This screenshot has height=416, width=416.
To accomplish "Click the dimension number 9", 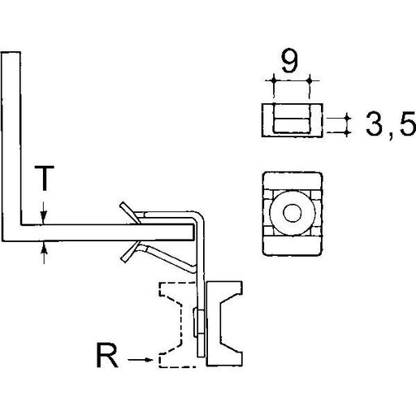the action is click(x=289, y=61).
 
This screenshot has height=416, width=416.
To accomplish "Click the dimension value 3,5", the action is click(x=391, y=124).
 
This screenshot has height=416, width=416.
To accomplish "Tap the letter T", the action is click(x=45, y=178).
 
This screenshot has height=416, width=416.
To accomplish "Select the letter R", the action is click(x=107, y=355).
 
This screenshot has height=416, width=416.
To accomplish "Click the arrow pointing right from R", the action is click(x=140, y=360).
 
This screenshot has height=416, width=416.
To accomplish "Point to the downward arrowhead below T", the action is click(x=44, y=218).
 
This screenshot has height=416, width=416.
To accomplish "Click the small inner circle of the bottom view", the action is click(x=292, y=213).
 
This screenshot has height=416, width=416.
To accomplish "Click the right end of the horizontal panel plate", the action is click(x=193, y=232).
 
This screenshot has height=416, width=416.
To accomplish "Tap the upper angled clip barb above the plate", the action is click(x=129, y=212).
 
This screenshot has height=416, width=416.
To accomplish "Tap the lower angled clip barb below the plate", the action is click(x=130, y=252).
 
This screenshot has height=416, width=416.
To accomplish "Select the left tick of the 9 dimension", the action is click(x=274, y=80).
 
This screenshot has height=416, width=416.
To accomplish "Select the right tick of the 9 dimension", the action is click(x=310, y=80).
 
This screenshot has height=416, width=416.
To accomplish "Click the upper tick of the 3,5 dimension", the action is click(x=347, y=119).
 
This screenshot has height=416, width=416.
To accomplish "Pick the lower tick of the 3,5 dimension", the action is click(x=347, y=132).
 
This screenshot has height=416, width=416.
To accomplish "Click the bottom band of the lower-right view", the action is click(x=292, y=245).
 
